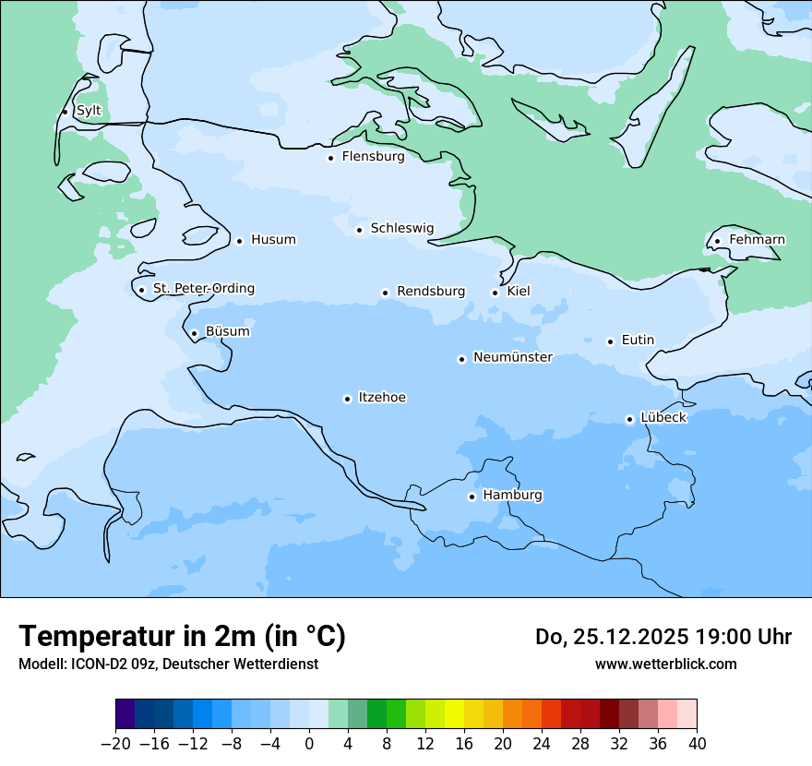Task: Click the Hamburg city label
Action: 512,495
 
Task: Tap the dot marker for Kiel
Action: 496,293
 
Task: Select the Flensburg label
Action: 373,157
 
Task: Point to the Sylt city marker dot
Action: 65,112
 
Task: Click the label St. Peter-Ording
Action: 203,289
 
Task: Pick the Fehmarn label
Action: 757,240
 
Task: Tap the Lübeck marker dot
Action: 630,419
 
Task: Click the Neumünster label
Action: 512,357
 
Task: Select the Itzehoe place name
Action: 382,398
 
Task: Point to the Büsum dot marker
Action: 194,333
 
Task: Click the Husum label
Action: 273,240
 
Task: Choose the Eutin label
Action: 638,341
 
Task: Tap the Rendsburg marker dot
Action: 386,293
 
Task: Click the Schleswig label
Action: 401,228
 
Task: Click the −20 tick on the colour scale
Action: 115,744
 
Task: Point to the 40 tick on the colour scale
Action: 697,744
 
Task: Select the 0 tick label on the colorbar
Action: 309,744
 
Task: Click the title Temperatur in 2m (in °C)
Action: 182,636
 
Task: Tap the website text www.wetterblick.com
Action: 665,664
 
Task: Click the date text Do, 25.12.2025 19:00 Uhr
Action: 663,637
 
